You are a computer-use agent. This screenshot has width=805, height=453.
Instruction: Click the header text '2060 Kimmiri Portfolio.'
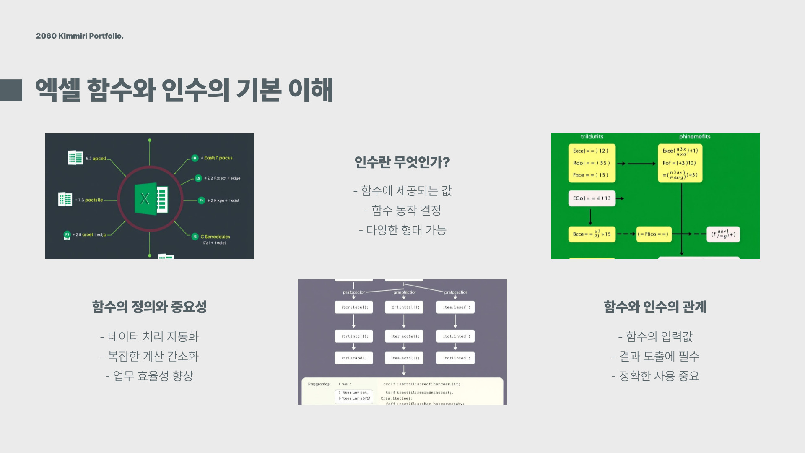80,36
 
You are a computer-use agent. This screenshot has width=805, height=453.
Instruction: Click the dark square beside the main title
11,90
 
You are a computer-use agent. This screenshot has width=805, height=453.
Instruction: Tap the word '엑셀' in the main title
58,90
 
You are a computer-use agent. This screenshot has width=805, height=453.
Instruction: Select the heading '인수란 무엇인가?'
402,162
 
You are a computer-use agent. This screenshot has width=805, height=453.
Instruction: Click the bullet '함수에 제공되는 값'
402,191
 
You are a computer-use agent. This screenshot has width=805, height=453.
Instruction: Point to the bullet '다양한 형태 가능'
402,230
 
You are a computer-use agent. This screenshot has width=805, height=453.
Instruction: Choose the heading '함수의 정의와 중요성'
149,307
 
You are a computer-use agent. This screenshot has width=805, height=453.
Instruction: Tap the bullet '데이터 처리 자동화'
149,336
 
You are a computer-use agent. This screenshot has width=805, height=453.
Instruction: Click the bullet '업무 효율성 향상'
149,376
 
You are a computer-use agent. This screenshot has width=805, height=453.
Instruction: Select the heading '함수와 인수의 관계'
655,307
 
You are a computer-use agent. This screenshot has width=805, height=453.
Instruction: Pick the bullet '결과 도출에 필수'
655,356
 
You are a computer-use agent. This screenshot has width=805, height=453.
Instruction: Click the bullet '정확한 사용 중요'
655,376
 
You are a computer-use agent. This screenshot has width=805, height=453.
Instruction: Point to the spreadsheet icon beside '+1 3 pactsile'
65,199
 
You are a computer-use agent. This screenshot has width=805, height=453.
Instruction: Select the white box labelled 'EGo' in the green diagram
592,198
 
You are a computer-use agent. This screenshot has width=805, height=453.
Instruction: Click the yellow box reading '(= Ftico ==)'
653,234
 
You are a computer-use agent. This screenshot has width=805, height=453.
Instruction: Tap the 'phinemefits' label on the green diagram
695,137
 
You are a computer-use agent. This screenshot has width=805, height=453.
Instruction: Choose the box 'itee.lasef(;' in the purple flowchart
456,307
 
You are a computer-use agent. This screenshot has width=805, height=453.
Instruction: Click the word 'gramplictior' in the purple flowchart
405,292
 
